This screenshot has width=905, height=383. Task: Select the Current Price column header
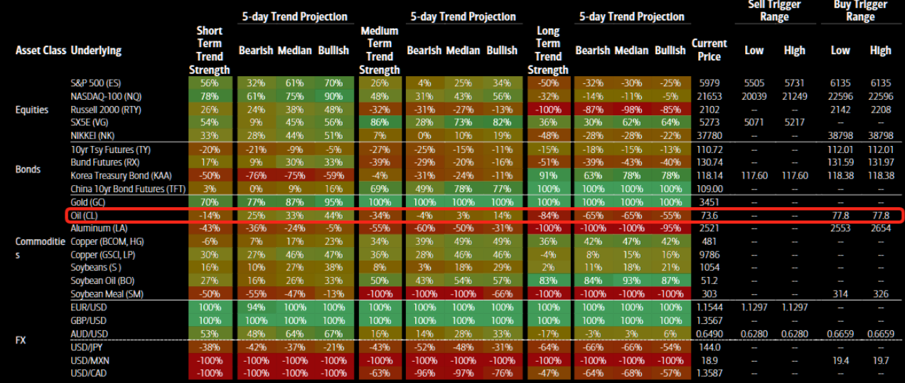(709, 51)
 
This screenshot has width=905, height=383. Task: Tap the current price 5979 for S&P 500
(709, 83)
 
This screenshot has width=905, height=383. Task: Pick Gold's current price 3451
(709, 202)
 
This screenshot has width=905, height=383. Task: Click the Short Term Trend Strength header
(209, 51)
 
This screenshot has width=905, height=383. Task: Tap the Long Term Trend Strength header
(547, 51)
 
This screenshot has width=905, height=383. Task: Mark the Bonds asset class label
(28, 169)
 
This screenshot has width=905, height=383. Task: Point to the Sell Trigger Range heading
(773, 11)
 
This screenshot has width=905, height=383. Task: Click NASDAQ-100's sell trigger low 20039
(754, 96)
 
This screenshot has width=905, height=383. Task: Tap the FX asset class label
(21, 340)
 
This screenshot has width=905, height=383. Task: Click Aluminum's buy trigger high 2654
(879, 228)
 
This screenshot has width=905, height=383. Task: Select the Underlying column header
(96, 51)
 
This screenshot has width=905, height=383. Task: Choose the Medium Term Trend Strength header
(379, 51)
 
